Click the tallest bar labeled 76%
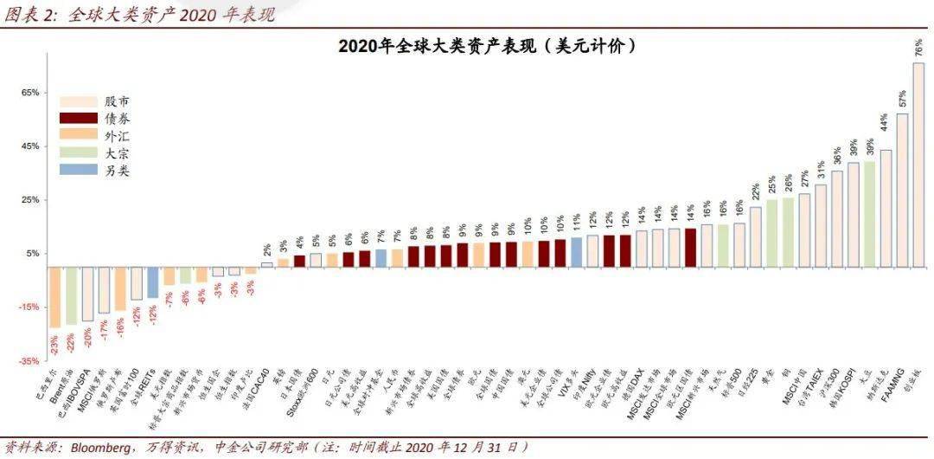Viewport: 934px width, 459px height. pyautogui.click(x=918, y=165)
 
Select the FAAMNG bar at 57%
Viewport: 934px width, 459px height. pyautogui.click(x=902, y=190)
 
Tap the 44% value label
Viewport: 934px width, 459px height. pyautogui.click(x=885, y=123)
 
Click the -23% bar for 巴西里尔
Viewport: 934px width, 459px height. pyautogui.click(x=54, y=297)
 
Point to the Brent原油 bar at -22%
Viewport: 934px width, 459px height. pyautogui.click(x=71, y=295)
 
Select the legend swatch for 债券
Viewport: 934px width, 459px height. pyautogui.click(x=77, y=118)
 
